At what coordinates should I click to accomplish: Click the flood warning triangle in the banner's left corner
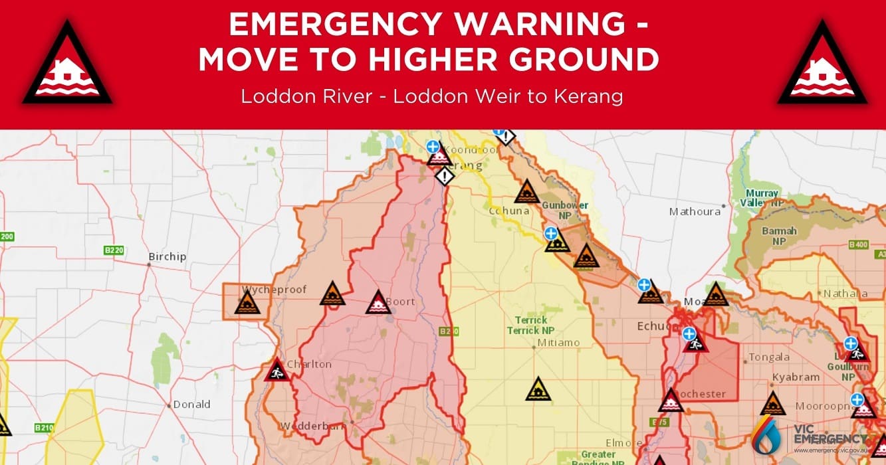coord(67,67)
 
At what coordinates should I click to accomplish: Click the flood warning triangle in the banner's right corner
coord(822,67)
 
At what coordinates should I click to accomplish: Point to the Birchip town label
coord(167,257)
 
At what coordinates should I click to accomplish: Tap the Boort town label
coord(401,302)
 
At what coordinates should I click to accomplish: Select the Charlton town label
coord(310,364)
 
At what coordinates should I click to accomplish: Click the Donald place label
coord(191,404)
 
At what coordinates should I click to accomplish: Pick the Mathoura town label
coord(695,212)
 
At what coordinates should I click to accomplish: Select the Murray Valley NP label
coord(762,197)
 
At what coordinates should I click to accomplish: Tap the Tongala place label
coord(769,357)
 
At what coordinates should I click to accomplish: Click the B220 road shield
coord(114,250)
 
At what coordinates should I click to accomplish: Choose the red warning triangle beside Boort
coord(377,303)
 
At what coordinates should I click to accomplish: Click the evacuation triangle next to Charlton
coord(276,370)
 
